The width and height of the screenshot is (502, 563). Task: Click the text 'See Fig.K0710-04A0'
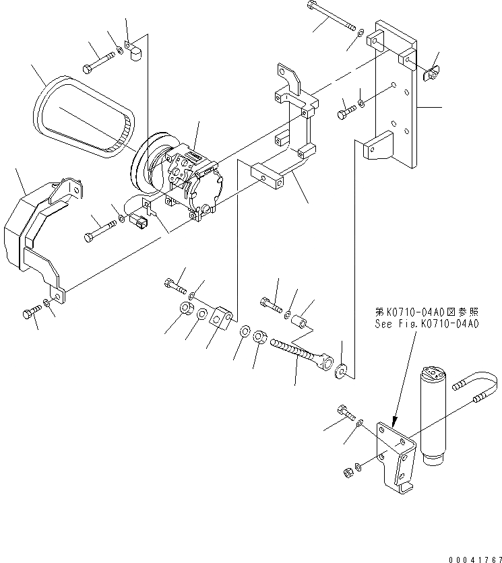[x=427, y=323]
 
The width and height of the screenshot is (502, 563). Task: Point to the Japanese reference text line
[x=427, y=312]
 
